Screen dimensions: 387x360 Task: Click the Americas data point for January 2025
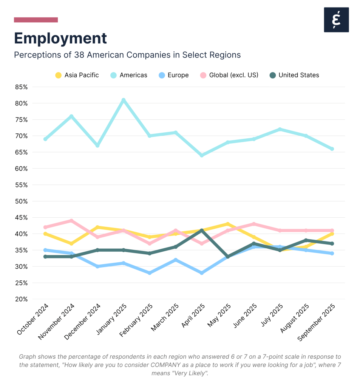124,100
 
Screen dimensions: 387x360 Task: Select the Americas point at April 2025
202,155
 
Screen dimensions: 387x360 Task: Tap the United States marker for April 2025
202,231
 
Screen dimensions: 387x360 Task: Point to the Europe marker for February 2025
150,272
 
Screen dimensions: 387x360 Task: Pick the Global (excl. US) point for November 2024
71,221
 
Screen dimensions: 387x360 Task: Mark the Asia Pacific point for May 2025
228,224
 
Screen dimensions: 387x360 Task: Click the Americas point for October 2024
45,139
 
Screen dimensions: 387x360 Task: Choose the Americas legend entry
128,75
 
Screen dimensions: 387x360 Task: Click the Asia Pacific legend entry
77,75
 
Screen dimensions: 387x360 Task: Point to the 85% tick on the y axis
21,87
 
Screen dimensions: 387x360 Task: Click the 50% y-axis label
21,201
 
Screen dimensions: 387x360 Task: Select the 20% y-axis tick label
21,299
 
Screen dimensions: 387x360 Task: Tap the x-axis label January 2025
110,320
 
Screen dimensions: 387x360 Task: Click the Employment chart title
60,38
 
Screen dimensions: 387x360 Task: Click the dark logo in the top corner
336,20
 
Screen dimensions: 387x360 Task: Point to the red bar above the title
36,20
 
